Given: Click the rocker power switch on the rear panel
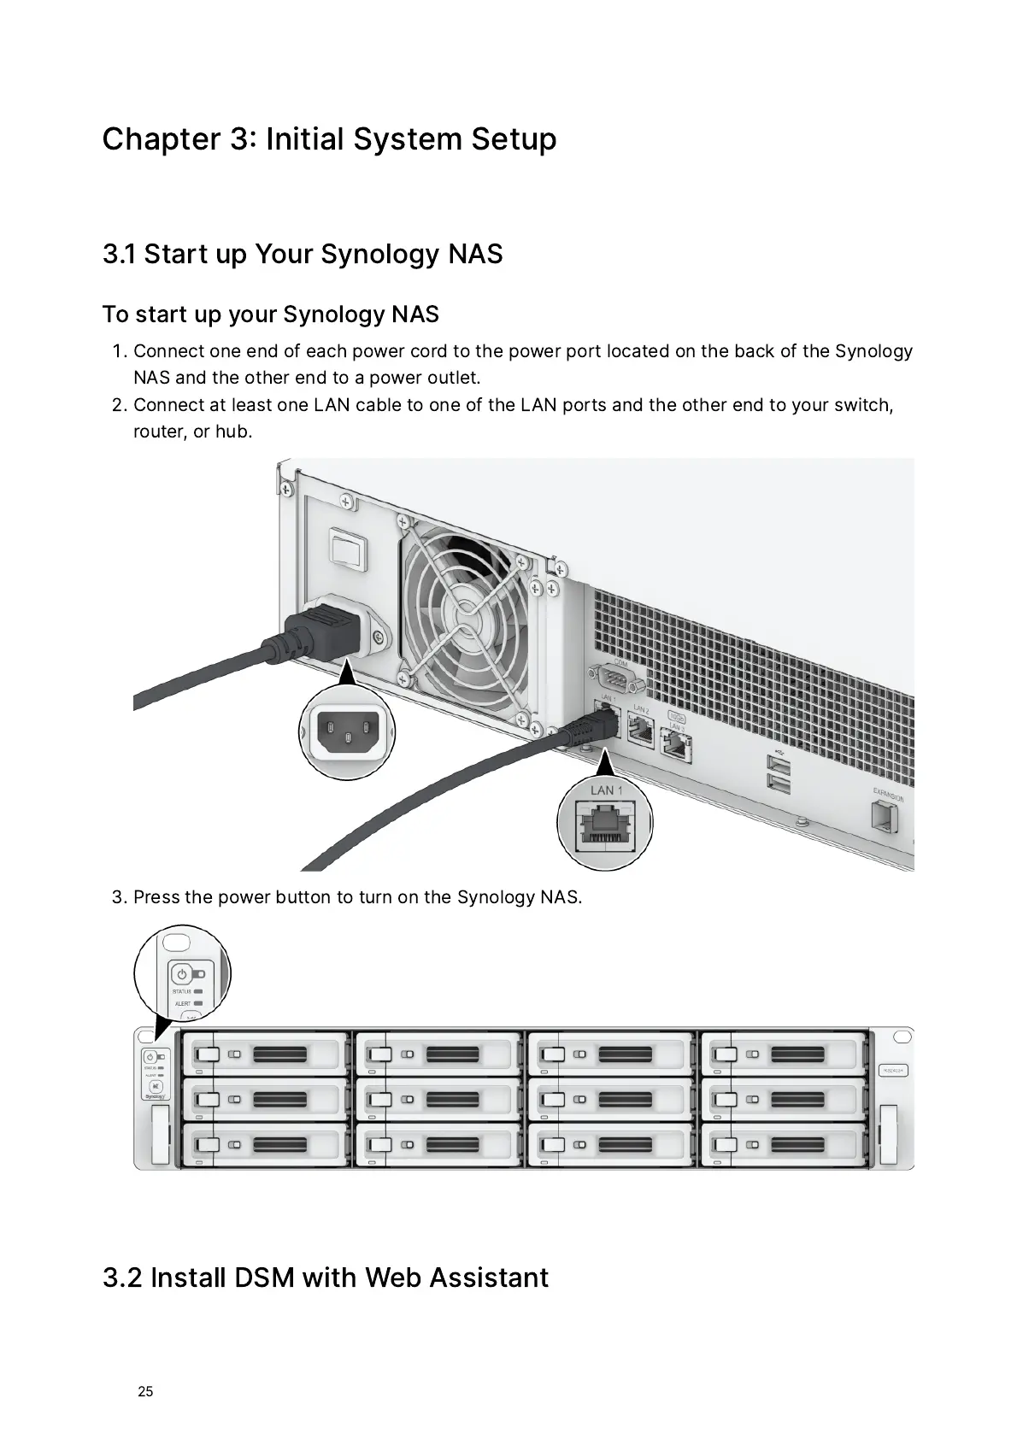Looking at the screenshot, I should tap(346, 546).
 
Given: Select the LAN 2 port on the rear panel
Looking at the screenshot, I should tap(640, 728).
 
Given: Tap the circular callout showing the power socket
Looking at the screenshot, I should tap(347, 732).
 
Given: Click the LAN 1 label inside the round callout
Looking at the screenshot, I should tap(606, 790).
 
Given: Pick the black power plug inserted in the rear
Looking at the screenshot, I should tap(325, 631).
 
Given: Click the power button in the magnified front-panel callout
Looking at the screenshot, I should tap(181, 974).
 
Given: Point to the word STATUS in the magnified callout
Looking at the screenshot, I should tap(182, 992).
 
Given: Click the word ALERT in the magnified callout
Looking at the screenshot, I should tap(183, 1003).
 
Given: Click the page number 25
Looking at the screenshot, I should tap(145, 1391).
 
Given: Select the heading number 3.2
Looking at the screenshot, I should tap(122, 1277).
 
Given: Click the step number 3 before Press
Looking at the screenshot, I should tap(118, 897).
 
